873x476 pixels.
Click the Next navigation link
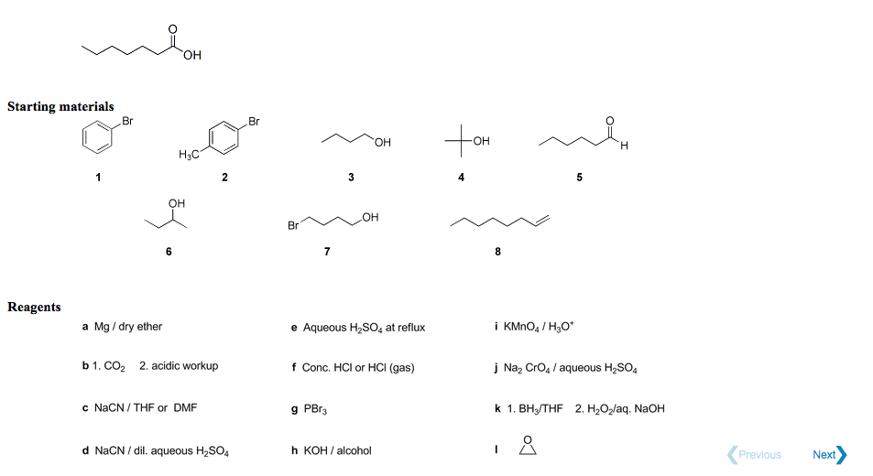pyautogui.click(x=829, y=455)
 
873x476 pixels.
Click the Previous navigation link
pyautogui.click(x=755, y=455)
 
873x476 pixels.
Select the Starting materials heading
pyautogui.click(x=60, y=106)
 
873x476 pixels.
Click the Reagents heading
pyautogui.click(x=34, y=307)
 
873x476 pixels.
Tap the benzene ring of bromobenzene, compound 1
pyautogui.click(x=97, y=137)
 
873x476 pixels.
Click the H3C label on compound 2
pyautogui.click(x=189, y=155)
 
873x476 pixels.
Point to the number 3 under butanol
pyautogui.click(x=351, y=178)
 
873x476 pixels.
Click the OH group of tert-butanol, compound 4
pyautogui.click(x=481, y=141)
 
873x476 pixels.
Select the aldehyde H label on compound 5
pyautogui.click(x=624, y=146)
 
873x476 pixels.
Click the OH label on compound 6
pyautogui.click(x=177, y=203)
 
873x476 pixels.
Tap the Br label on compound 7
pyautogui.click(x=293, y=226)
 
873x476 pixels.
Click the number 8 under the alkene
pyautogui.click(x=497, y=252)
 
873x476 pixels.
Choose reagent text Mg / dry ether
pyautogui.click(x=128, y=327)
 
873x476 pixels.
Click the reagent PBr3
pyautogui.click(x=315, y=409)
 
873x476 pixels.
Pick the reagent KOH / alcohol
pyautogui.click(x=337, y=450)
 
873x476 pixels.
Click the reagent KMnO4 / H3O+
pyautogui.click(x=539, y=327)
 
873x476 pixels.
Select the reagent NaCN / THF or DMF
pyautogui.click(x=146, y=407)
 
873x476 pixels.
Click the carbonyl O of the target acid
pyautogui.click(x=172, y=29)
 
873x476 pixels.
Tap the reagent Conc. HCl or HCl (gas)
pyautogui.click(x=358, y=368)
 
